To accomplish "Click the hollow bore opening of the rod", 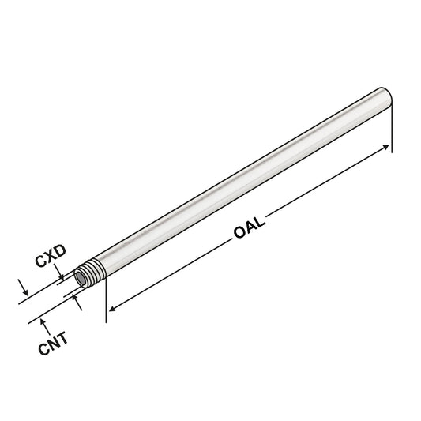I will pyautogui.click(x=81, y=279).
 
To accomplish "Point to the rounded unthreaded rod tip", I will pyautogui.click(x=385, y=100).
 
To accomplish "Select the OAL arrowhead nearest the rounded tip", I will pyautogui.click(x=386, y=148).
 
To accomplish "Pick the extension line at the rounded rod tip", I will pyautogui.click(x=392, y=126).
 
